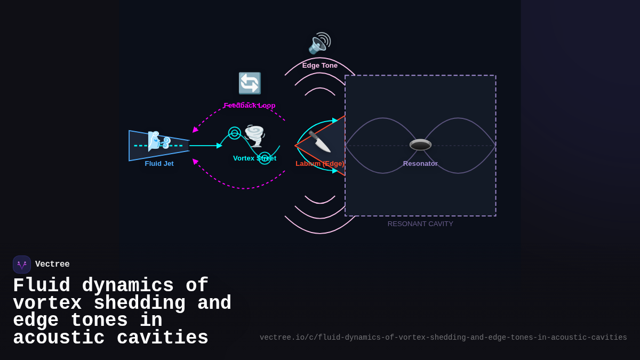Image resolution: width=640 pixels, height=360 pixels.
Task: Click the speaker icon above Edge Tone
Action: (x=319, y=43)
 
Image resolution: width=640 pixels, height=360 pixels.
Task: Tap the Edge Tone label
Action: (x=320, y=66)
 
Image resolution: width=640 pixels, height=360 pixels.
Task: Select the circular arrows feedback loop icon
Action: (x=250, y=83)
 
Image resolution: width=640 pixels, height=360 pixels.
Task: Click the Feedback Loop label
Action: (x=250, y=106)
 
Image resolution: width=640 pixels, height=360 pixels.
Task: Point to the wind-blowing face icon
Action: (x=159, y=141)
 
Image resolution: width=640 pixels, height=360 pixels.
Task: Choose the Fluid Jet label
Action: (x=159, y=164)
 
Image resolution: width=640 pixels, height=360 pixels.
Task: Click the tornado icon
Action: (x=254, y=136)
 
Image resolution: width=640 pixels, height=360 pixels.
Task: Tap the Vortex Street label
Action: (x=254, y=158)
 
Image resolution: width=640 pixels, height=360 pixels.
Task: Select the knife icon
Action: (x=319, y=141)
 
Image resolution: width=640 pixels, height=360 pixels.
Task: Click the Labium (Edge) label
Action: (x=320, y=164)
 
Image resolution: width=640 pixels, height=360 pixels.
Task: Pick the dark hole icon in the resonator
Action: (x=420, y=145)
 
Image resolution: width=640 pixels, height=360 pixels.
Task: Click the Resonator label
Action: (x=420, y=164)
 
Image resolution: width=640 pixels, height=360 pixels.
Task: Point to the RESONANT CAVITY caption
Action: (x=420, y=224)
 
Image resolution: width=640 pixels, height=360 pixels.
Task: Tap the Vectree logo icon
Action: (x=22, y=265)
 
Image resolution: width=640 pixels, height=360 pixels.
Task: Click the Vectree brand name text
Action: (x=52, y=265)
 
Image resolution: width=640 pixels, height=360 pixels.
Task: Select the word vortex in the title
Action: (x=47, y=303)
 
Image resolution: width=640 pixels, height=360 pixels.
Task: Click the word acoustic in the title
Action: (x=59, y=338)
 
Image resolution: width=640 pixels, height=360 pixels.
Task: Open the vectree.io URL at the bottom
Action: (x=443, y=338)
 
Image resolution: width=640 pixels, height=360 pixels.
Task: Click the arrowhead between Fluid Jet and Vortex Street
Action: (x=219, y=146)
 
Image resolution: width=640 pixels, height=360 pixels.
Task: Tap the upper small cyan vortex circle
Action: (x=235, y=133)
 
